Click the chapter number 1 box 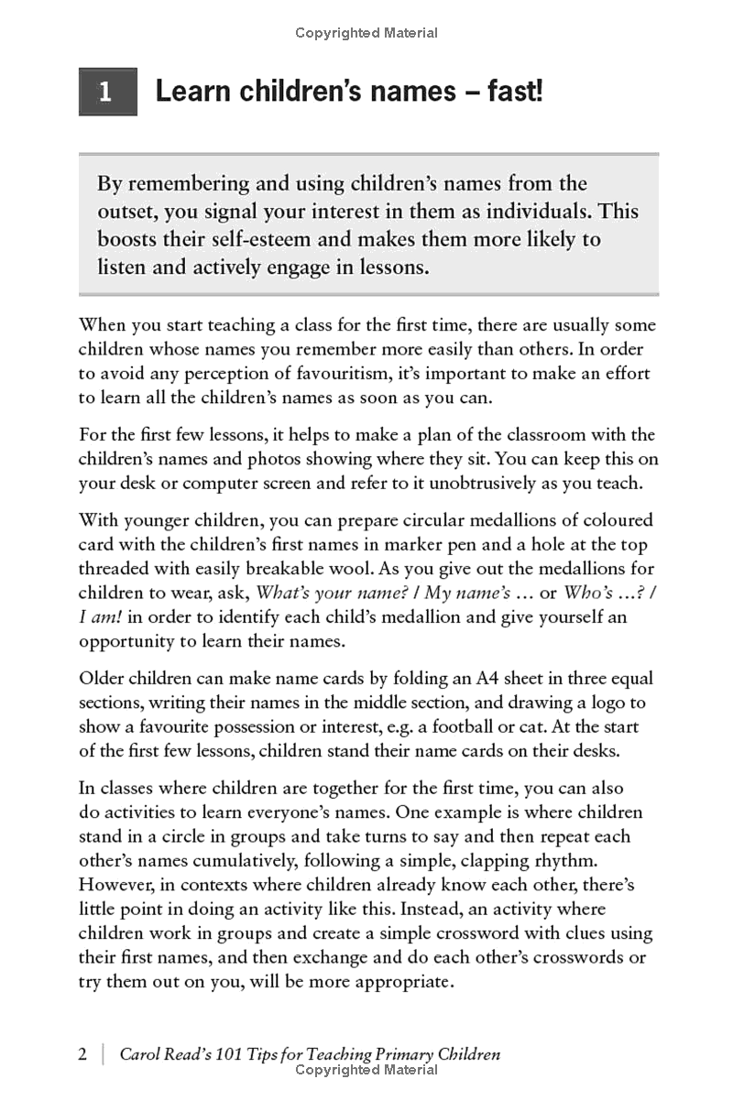click(x=107, y=92)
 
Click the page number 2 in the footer click(x=83, y=1053)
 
